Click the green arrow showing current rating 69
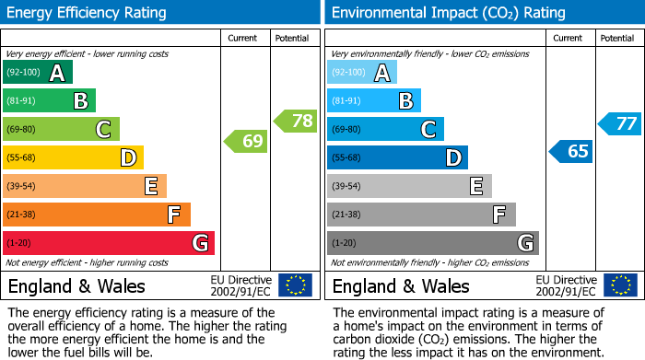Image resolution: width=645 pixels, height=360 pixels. [246, 142]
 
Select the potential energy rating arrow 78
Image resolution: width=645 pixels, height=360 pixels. [296, 121]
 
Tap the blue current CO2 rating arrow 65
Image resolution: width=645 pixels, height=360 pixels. [570, 151]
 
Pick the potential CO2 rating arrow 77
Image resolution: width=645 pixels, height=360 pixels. [620, 123]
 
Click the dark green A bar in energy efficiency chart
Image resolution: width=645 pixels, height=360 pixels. [37, 73]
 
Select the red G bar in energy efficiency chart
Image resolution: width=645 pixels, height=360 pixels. [108, 243]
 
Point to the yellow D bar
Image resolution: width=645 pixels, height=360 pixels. [73, 158]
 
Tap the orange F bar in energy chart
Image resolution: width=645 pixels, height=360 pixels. [96, 215]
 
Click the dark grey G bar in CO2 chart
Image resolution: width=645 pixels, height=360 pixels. [432, 243]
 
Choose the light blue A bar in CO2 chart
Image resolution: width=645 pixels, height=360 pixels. [361, 73]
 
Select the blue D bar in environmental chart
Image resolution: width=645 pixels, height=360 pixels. [397, 158]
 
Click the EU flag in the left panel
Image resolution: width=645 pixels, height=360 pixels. [295, 285]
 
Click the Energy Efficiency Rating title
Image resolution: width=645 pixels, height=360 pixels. [88, 13]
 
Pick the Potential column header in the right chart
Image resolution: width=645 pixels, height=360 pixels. [617, 38]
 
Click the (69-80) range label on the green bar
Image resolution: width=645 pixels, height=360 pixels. [22, 130]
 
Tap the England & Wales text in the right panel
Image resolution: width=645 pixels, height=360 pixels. [401, 285]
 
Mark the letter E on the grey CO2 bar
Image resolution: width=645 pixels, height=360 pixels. [475, 187]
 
